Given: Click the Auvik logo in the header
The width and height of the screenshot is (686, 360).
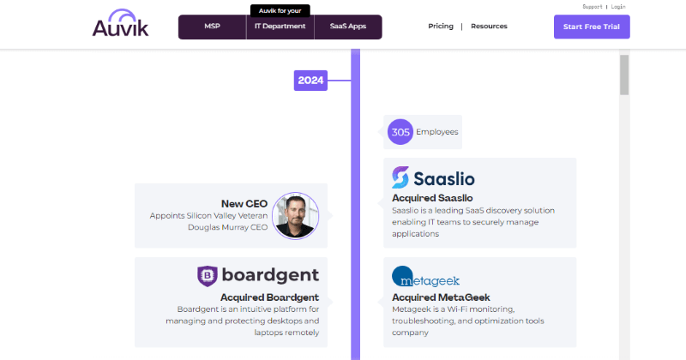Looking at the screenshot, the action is (120, 23).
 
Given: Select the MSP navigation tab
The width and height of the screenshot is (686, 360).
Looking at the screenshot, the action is (212, 27).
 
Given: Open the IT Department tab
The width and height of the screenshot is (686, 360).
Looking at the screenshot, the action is (280, 27).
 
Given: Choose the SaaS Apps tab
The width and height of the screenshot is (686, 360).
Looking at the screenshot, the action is (348, 27).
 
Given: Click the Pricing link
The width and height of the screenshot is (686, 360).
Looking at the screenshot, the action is (441, 27).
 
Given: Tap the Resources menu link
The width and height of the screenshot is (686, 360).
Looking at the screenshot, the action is (489, 27).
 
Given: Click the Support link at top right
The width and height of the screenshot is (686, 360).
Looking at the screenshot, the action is (593, 7).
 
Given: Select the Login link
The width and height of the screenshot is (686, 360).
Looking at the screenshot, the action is (618, 7).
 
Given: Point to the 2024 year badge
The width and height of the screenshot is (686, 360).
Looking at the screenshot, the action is (310, 81).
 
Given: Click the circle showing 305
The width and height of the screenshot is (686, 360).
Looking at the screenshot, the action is (400, 132).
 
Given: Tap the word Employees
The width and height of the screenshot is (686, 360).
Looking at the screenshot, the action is (437, 132).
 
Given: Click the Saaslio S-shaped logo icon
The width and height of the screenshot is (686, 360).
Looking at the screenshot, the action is (400, 177).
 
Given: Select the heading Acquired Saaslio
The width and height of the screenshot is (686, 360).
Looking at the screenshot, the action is (432, 198).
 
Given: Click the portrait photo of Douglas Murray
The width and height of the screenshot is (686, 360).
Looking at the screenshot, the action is (295, 216).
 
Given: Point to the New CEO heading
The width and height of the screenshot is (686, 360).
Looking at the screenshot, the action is (244, 204).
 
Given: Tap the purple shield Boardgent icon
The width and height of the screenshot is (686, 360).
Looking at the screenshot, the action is (208, 276).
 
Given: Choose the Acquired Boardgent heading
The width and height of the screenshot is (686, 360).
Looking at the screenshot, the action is (269, 297).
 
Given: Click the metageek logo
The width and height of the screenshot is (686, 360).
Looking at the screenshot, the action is (425, 277).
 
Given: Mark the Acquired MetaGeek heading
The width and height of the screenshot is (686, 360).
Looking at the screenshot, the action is (441, 297).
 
